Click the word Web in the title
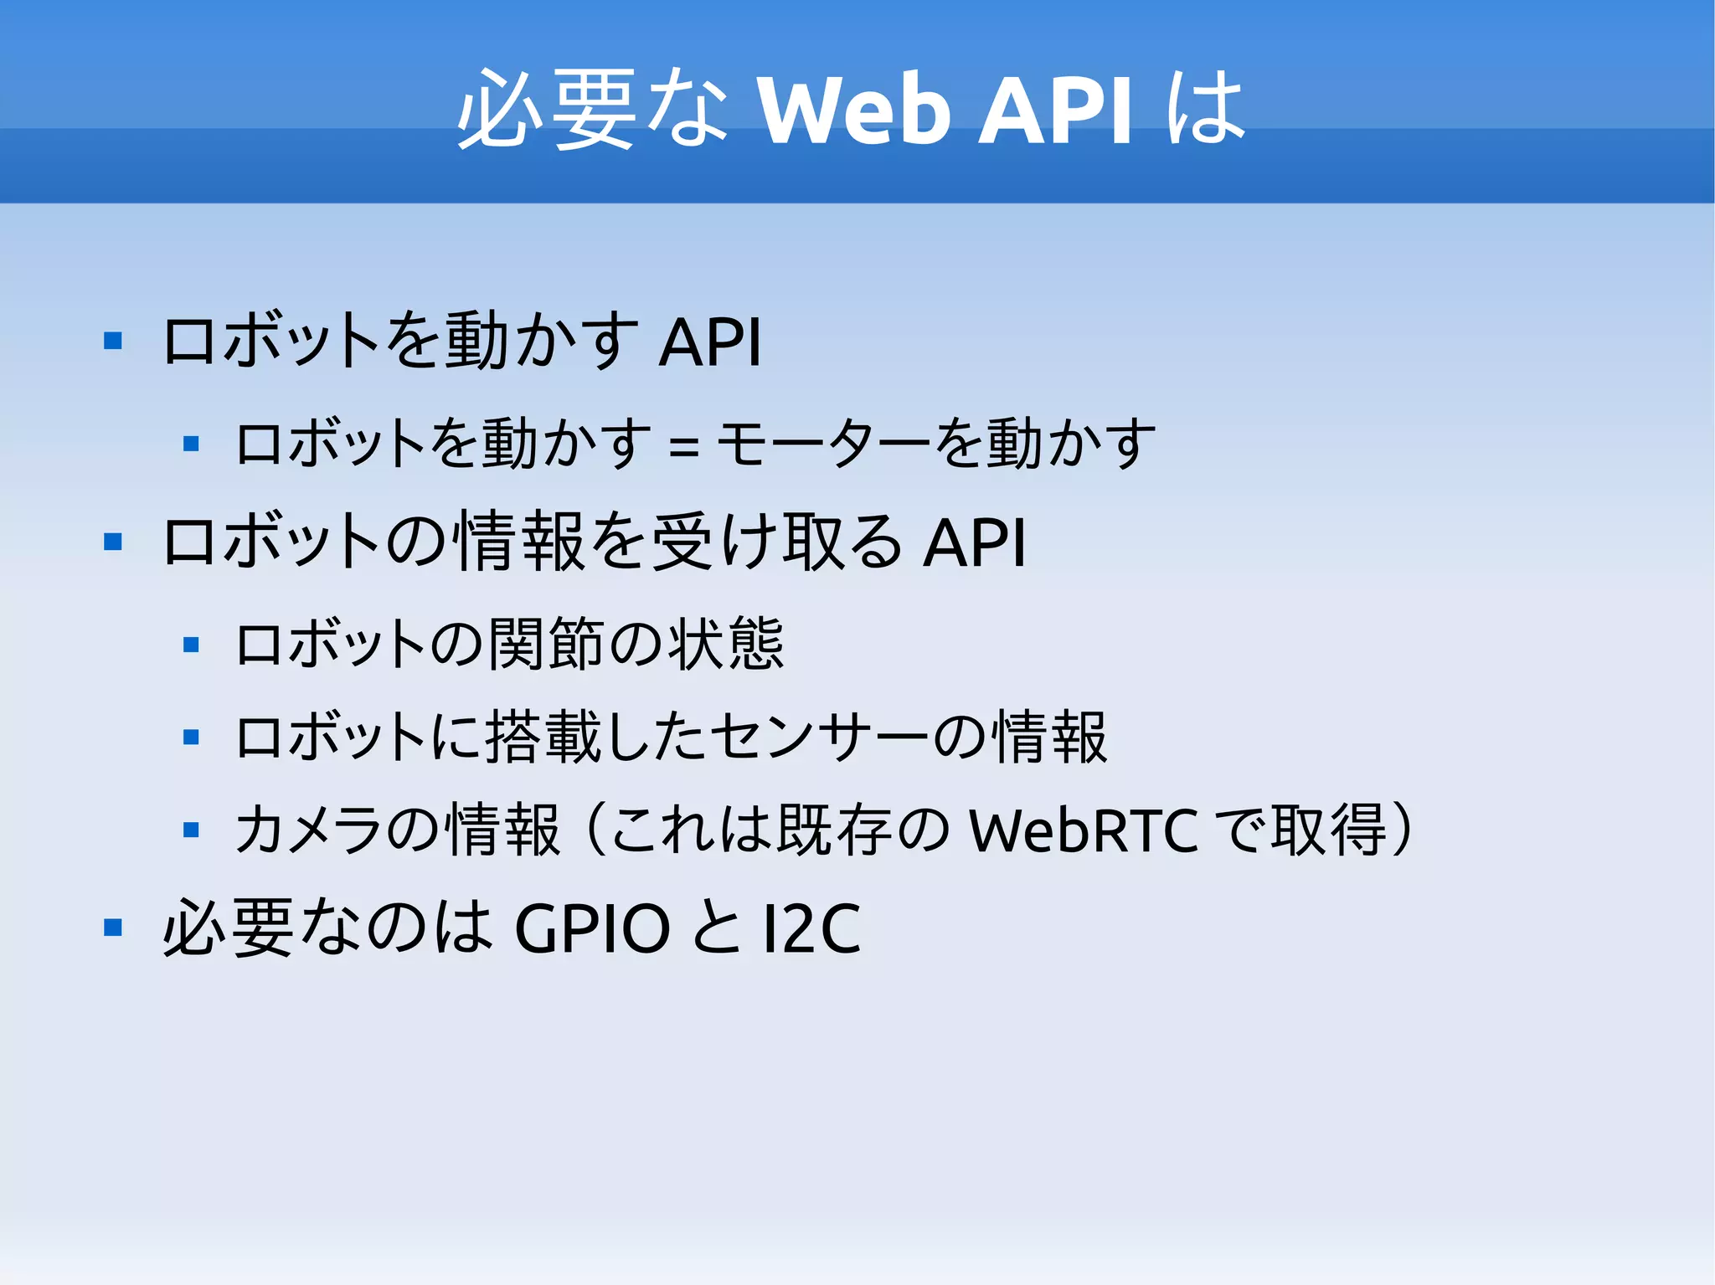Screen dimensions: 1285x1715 (853, 111)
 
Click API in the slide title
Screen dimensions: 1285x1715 (1057, 111)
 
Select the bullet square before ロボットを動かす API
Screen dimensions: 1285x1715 (113, 341)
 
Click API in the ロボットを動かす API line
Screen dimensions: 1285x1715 (710, 342)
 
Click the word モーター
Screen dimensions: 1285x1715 (824, 444)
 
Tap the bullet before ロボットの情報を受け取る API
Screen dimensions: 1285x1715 (113, 542)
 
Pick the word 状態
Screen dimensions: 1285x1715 (726, 644)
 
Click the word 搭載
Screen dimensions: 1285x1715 (544, 738)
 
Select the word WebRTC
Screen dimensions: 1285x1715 (1084, 831)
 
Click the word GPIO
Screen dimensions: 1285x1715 (592, 928)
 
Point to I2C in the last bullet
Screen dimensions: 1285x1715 (811, 928)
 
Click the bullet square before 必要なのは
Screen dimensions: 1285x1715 (113, 927)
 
